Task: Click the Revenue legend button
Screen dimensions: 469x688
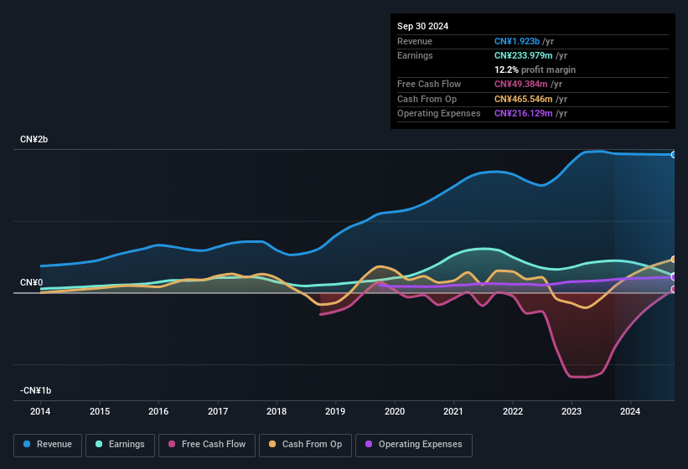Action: pyautogui.click(x=48, y=445)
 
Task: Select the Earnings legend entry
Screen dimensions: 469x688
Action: pyautogui.click(x=121, y=445)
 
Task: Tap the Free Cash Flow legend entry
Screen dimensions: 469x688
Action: pyautogui.click(x=207, y=445)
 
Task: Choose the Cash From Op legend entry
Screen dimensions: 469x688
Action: pyautogui.click(x=305, y=445)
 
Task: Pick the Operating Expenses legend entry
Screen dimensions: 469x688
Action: pyautogui.click(x=413, y=445)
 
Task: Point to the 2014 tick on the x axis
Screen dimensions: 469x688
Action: pyautogui.click(x=40, y=411)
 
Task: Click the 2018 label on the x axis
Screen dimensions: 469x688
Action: pyautogui.click(x=277, y=411)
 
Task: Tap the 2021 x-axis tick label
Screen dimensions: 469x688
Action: pyautogui.click(x=453, y=411)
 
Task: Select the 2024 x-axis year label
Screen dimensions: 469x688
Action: pyautogui.click(x=630, y=411)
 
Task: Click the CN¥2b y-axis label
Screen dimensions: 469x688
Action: pyautogui.click(x=34, y=139)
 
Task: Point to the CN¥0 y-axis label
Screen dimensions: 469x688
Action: pyautogui.click(x=31, y=282)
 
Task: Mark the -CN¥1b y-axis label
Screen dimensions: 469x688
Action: pyautogui.click(x=36, y=390)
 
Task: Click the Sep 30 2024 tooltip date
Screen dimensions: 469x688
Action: pyautogui.click(x=422, y=26)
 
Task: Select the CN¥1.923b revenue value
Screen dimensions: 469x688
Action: pyautogui.click(x=517, y=41)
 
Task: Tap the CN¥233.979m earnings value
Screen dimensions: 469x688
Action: pyautogui.click(x=524, y=55)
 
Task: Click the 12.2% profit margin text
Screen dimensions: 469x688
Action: pyautogui.click(x=535, y=70)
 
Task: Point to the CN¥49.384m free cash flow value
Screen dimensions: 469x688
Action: pyautogui.click(x=521, y=84)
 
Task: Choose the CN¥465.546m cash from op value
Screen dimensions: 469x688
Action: pyautogui.click(x=524, y=99)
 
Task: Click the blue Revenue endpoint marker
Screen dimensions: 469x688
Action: pyautogui.click(x=674, y=155)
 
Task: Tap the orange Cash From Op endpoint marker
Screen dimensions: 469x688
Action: pyautogui.click(x=674, y=260)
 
